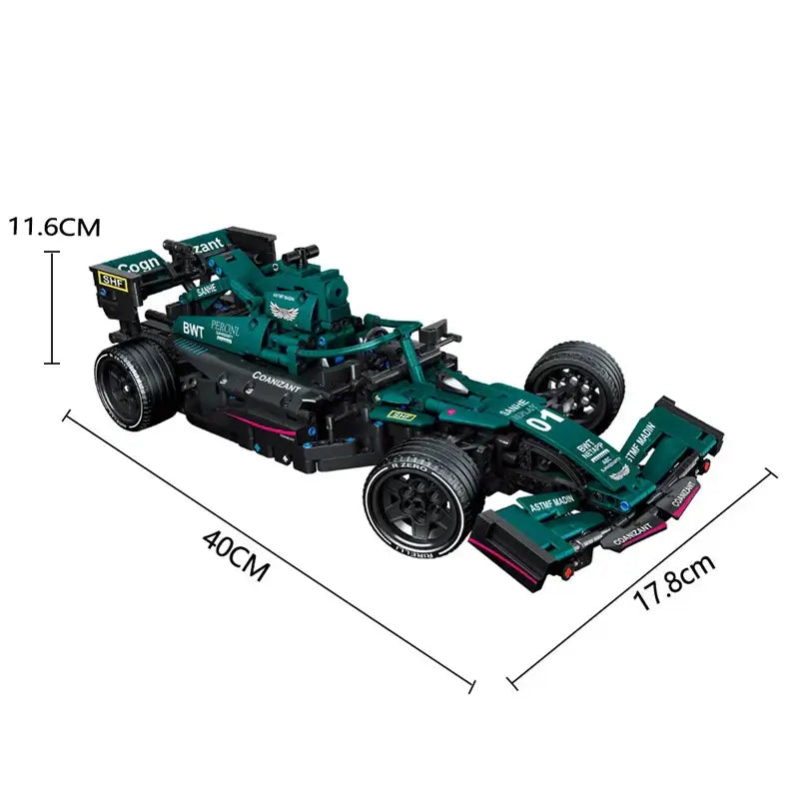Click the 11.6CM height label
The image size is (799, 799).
point(55,227)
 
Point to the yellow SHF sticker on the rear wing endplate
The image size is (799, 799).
point(113,281)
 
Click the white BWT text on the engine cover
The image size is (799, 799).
point(193,329)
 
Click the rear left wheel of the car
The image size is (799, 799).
point(136,383)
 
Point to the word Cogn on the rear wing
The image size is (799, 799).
point(139,263)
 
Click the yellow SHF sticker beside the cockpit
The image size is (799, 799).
point(400,414)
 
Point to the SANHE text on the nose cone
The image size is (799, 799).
point(511,408)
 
